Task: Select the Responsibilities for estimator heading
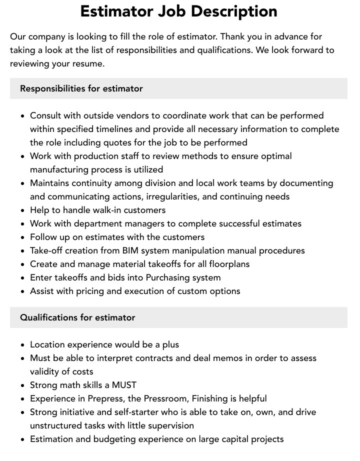click(x=81, y=88)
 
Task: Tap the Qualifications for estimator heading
click(x=77, y=317)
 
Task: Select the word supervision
click(x=169, y=425)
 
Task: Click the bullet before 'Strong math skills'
click(x=23, y=385)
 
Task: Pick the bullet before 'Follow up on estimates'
click(x=23, y=237)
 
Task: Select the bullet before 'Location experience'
click(x=23, y=345)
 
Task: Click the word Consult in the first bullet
click(x=45, y=115)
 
